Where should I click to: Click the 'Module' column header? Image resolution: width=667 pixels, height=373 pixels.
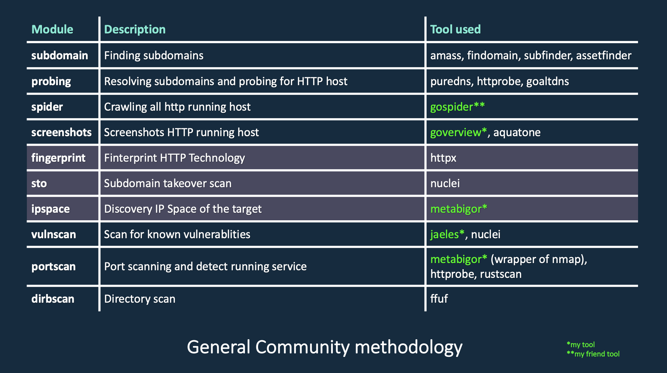52,30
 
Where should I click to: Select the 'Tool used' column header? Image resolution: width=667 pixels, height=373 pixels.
455,30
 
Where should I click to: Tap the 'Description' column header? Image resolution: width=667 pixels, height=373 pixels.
135,30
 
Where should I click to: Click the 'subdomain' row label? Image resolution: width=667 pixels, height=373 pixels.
60,56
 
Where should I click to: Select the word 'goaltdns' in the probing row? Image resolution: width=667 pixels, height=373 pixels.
547,81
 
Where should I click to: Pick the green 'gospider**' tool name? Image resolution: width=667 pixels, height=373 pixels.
457,107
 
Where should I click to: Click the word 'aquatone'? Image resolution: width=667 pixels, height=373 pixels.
517,132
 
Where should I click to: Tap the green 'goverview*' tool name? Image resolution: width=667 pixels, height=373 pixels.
458,132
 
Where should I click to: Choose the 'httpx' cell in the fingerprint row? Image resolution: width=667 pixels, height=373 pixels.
443,158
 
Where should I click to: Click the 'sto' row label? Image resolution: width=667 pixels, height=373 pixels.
39,183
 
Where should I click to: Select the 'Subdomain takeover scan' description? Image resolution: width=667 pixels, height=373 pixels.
167,183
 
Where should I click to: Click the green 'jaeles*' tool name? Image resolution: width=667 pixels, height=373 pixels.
447,234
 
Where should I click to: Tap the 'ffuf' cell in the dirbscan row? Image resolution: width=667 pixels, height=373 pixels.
439,299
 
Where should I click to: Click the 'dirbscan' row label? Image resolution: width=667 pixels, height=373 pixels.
53,299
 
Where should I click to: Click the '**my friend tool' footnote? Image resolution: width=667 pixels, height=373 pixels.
593,354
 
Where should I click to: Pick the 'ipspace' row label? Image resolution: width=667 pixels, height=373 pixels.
50,209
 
